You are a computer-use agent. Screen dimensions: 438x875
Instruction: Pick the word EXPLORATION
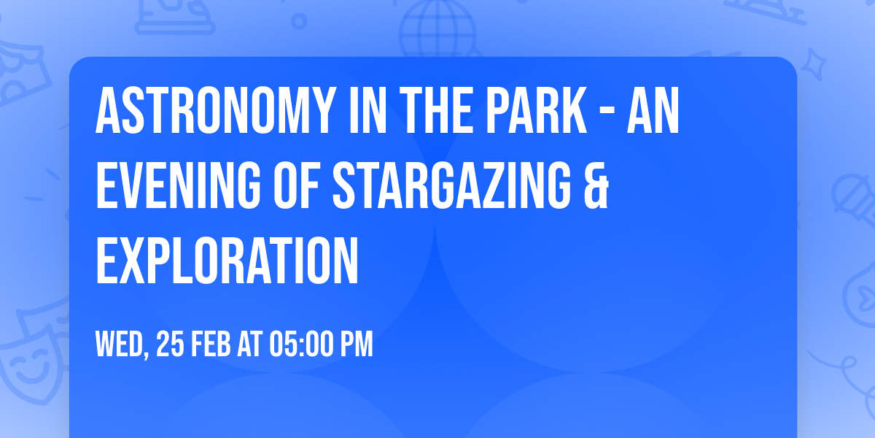pos(227,261)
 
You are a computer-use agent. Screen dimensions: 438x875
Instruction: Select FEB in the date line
pos(211,345)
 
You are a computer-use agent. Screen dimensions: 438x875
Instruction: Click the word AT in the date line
pos(249,345)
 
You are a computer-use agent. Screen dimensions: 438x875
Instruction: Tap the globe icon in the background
pos(437,29)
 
